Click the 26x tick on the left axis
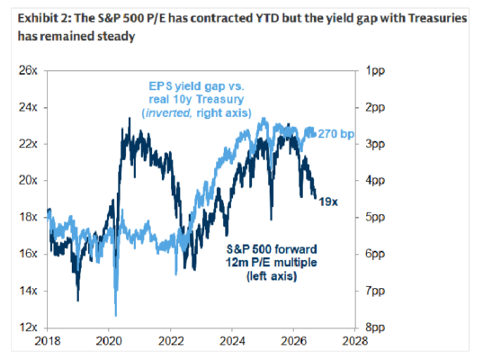click(x=28, y=70)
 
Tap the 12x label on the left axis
click(x=28, y=327)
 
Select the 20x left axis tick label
click(x=28, y=180)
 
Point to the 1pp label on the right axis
click(x=375, y=71)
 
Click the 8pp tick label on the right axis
click(x=375, y=328)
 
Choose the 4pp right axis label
click(x=375, y=181)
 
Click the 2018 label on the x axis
click(x=48, y=341)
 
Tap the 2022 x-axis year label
click(x=171, y=341)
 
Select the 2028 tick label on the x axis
click(x=355, y=341)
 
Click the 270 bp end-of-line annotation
click(x=335, y=134)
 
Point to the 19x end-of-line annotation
click(x=328, y=202)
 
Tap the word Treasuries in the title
click(x=437, y=18)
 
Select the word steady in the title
click(x=116, y=36)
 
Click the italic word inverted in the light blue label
click(x=168, y=113)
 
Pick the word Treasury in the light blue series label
click(x=220, y=100)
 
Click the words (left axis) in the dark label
click(x=272, y=276)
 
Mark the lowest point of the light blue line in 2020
click(x=116, y=316)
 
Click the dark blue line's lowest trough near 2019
click(x=78, y=301)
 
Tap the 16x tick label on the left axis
click(x=28, y=254)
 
